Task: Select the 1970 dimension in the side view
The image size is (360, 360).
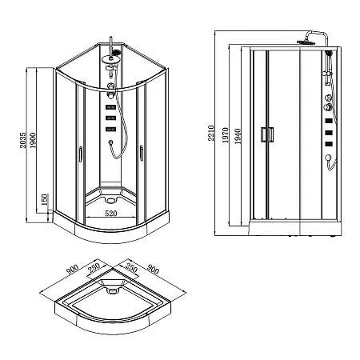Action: [226, 137]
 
